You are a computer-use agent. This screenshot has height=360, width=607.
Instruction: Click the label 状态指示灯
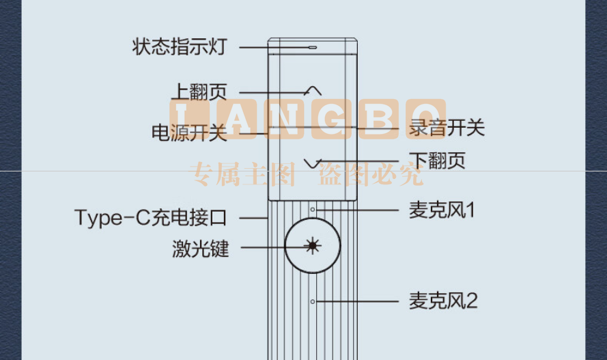click(180, 47)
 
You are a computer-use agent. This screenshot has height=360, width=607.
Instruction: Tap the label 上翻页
click(199, 92)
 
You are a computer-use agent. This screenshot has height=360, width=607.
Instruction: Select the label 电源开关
click(189, 133)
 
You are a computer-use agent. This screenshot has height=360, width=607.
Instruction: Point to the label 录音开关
click(447, 127)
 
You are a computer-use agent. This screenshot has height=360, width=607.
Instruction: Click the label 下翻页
click(438, 161)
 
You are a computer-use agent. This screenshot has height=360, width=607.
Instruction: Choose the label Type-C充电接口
click(151, 217)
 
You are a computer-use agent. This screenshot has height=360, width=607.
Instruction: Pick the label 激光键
click(201, 249)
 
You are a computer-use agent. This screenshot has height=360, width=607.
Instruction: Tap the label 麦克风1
click(442, 210)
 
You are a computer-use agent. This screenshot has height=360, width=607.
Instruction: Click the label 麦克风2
click(444, 301)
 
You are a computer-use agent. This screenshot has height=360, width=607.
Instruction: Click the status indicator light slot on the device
click(313, 48)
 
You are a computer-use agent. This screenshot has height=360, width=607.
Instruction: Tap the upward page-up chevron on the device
click(313, 91)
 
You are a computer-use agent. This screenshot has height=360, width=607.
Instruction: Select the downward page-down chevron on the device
click(313, 164)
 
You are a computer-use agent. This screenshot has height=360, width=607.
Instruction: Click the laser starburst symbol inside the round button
click(313, 245)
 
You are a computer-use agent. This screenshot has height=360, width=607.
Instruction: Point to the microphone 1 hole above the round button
click(313, 210)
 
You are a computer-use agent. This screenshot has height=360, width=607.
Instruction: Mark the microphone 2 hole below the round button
click(313, 301)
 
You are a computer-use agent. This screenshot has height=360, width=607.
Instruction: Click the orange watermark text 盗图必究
click(370, 174)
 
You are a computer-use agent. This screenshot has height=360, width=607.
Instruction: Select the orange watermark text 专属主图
click(242, 174)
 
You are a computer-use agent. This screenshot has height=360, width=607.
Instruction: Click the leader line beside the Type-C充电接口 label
click(254, 218)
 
